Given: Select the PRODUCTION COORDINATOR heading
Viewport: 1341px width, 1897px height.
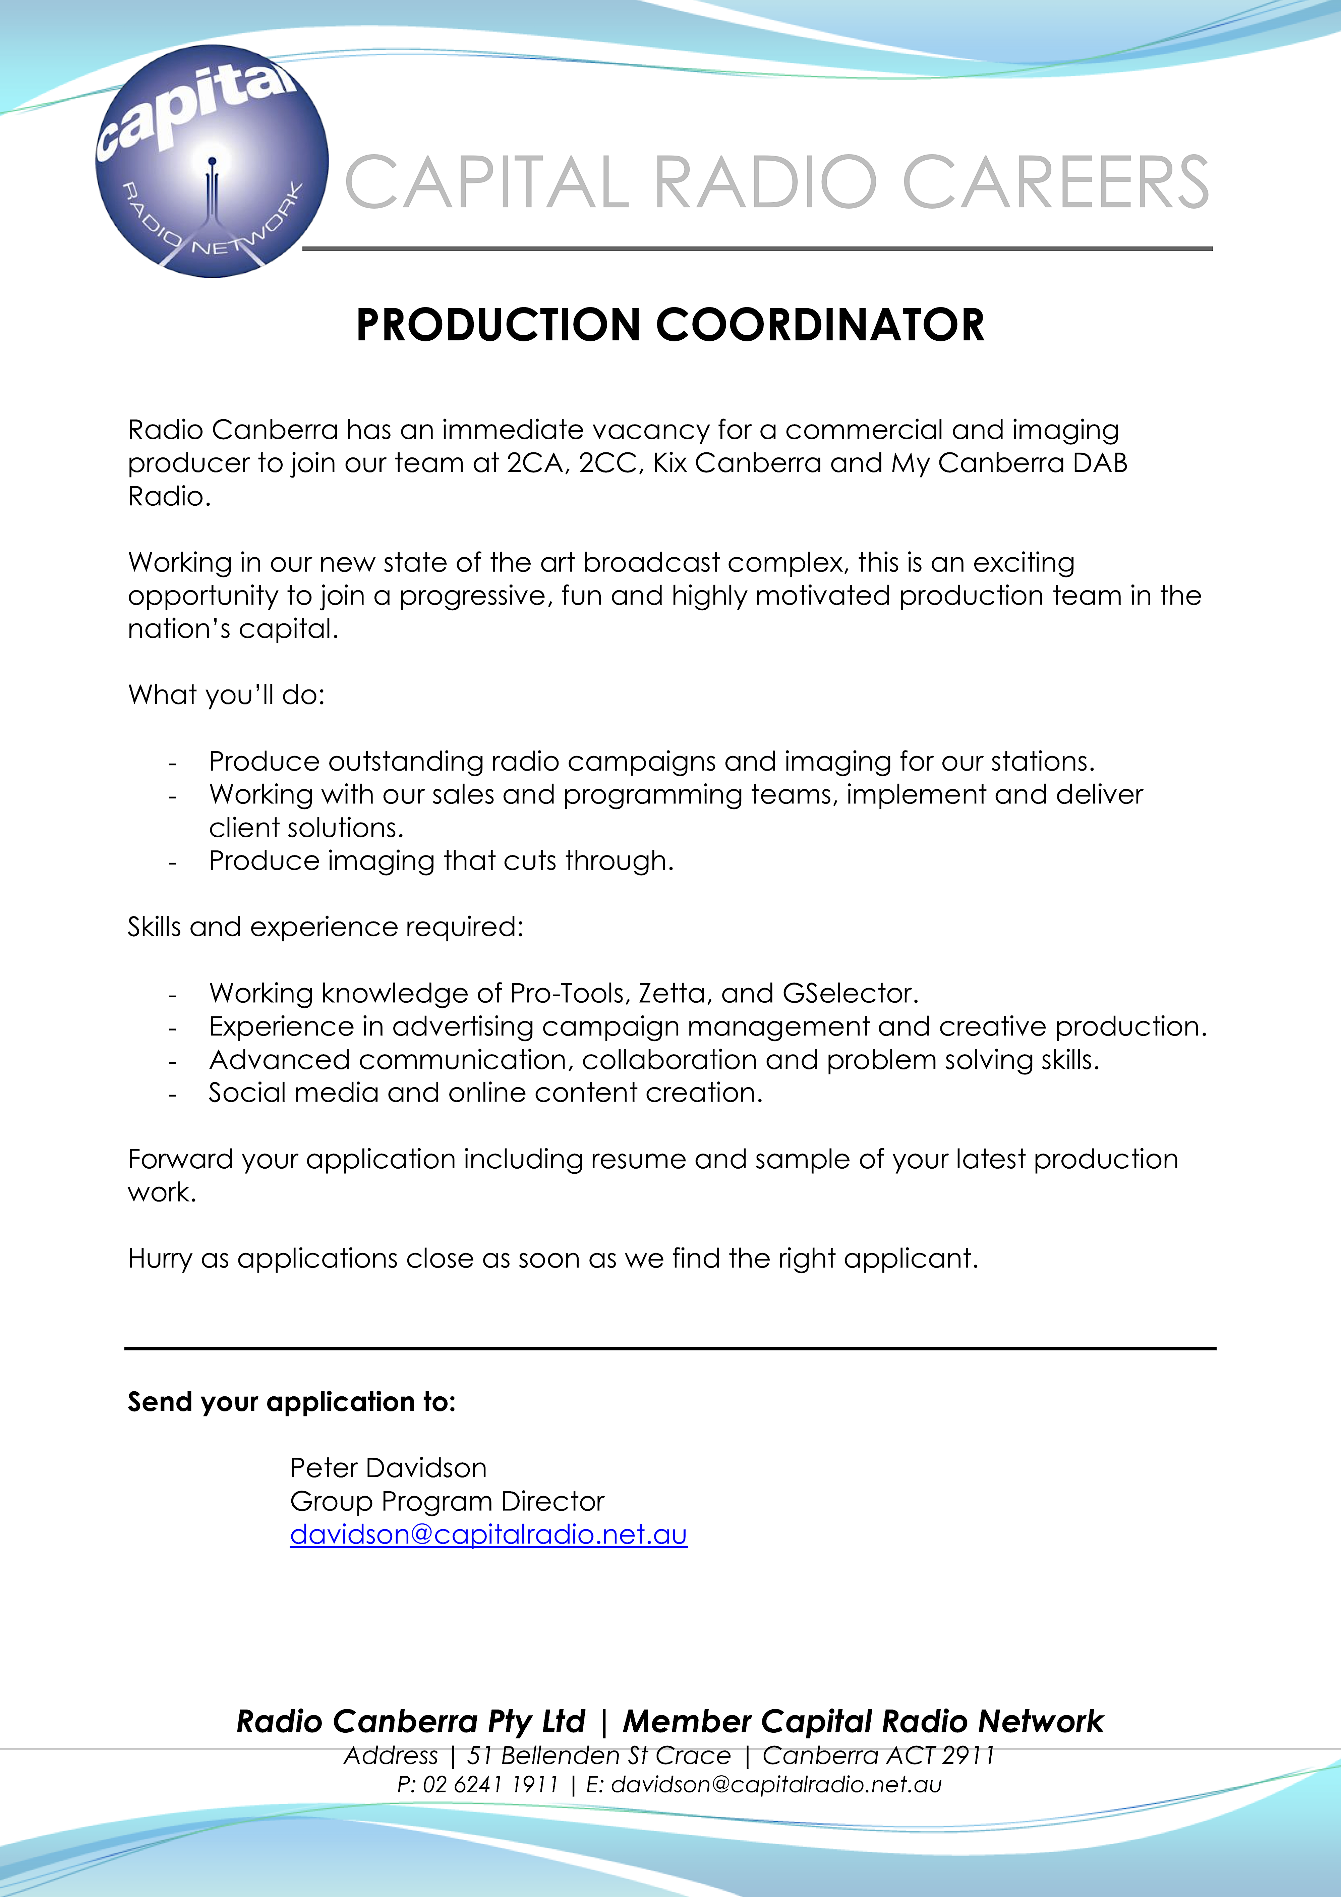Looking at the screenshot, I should pos(670,325).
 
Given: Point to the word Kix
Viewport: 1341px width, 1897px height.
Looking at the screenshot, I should pos(670,463).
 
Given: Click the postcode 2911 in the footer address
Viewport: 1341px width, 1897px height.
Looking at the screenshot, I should pos(968,1755).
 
